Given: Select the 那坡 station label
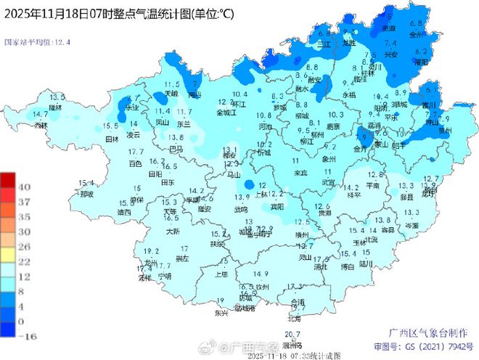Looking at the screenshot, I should tap(86, 194).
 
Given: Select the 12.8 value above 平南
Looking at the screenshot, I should tap(374, 175).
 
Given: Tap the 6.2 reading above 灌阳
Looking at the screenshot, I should tap(420, 52).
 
